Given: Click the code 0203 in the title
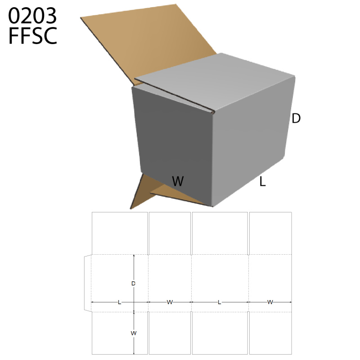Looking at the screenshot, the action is pos(32,16).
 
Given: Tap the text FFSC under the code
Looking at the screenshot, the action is pos(32,36).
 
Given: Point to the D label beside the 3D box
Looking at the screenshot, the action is pos(296,118).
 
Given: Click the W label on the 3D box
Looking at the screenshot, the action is pos(178,181).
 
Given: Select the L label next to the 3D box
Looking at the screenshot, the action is pos(262,182).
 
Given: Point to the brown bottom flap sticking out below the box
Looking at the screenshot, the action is pos(147,190).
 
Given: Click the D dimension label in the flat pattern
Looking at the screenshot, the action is pos(133,283).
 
